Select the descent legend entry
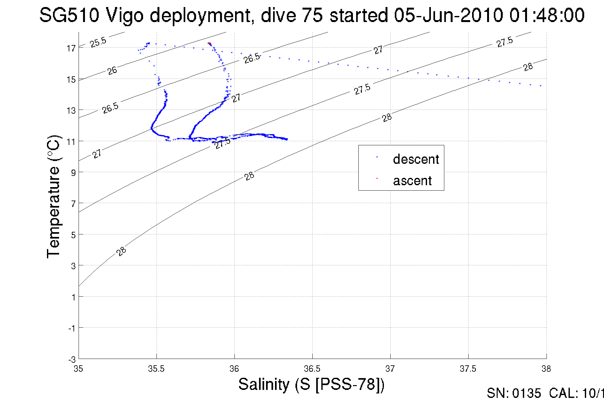[x=416, y=159]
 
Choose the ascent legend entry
[x=412, y=181]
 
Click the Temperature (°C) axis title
[x=53, y=196]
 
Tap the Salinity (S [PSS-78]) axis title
[x=311, y=384]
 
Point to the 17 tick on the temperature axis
[x=71, y=48]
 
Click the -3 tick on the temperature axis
[x=72, y=360]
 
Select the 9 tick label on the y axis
[x=73, y=173]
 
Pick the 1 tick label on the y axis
[x=73, y=297]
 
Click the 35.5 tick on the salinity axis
[x=156, y=369]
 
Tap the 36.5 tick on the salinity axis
[x=312, y=369]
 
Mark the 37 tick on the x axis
[x=390, y=369]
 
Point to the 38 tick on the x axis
[x=546, y=369]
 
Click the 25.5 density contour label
[x=98, y=42]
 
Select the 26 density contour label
[x=112, y=71]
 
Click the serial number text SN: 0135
[x=514, y=393]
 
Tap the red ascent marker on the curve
[x=209, y=43]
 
